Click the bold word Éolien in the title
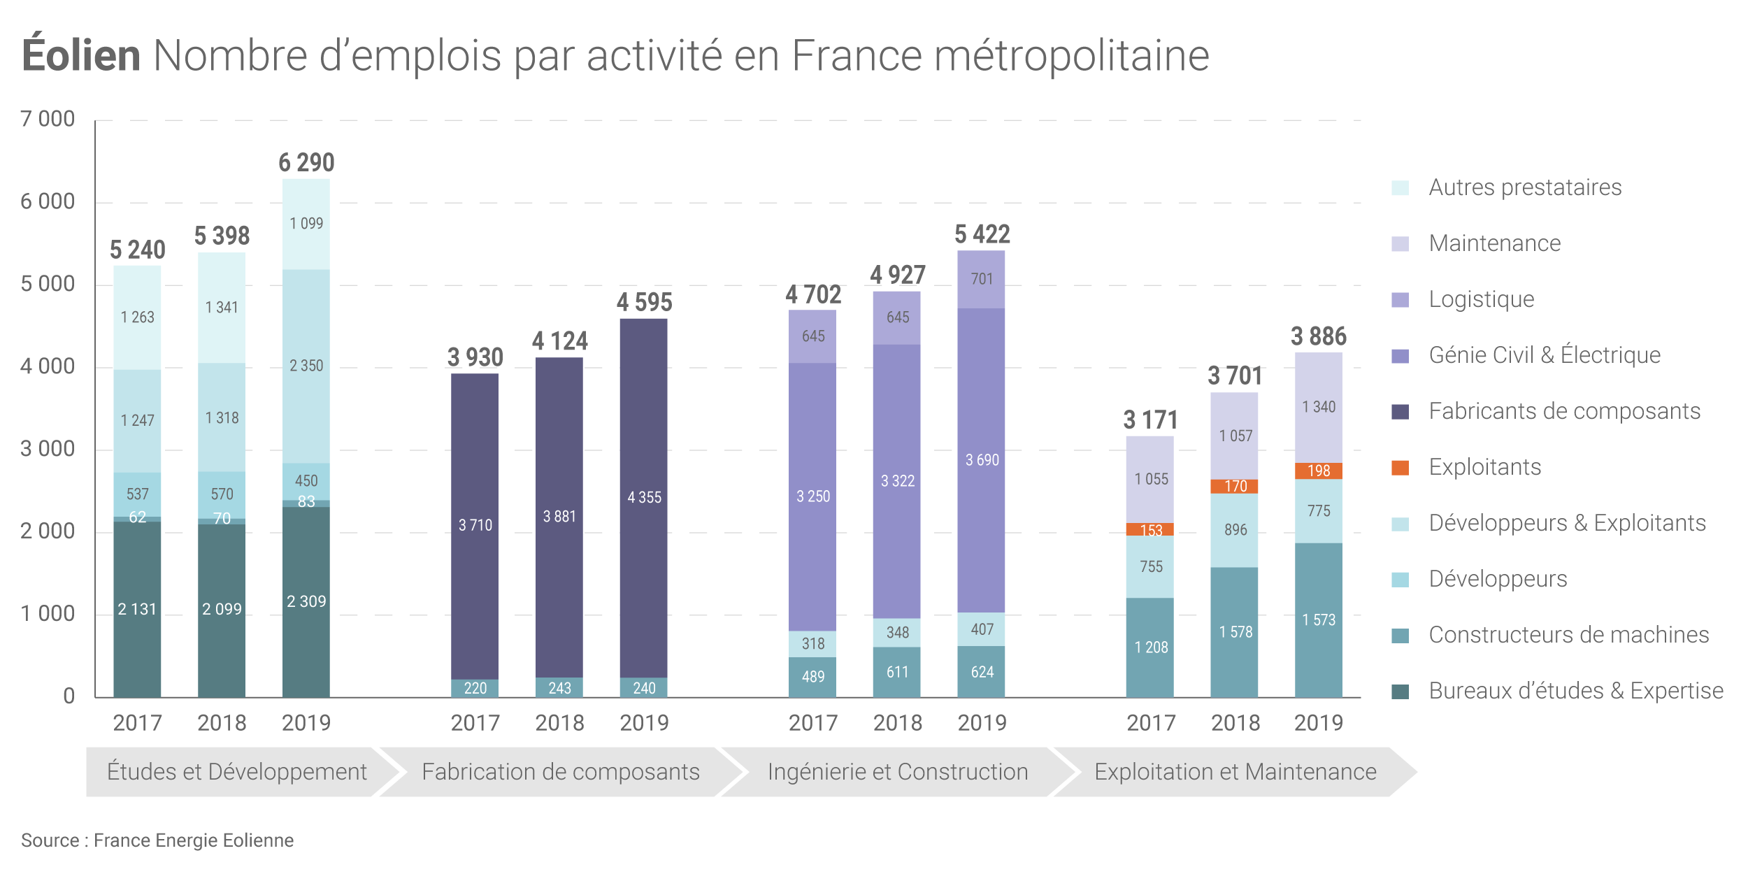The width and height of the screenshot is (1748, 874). click(81, 55)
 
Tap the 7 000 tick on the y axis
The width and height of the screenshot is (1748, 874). click(48, 119)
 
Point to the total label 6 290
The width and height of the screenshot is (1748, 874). click(306, 163)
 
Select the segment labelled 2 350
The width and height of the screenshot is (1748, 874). click(306, 366)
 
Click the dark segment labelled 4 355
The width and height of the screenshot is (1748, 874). click(644, 497)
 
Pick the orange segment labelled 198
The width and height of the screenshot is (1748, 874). click(1319, 471)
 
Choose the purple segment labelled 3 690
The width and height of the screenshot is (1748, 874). click(982, 460)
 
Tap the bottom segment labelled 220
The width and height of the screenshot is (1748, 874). click(475, 688)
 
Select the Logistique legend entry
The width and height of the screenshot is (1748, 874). click(1481, 299)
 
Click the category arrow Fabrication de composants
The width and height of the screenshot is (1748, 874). click(560, 772)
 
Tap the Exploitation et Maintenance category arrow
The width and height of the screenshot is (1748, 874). click(1235, 772)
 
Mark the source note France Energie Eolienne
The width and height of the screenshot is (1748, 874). click(157, 840)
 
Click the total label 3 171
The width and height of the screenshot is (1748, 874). click(1150, 420)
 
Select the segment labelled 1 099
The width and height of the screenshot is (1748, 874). click(306, 224)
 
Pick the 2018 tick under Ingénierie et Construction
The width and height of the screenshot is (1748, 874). click(897, 723)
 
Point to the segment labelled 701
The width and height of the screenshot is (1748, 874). click(982, 279)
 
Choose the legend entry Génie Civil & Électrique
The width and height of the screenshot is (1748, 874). click(1544, 355)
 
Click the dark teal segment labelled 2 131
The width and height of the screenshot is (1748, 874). click(137, 609)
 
